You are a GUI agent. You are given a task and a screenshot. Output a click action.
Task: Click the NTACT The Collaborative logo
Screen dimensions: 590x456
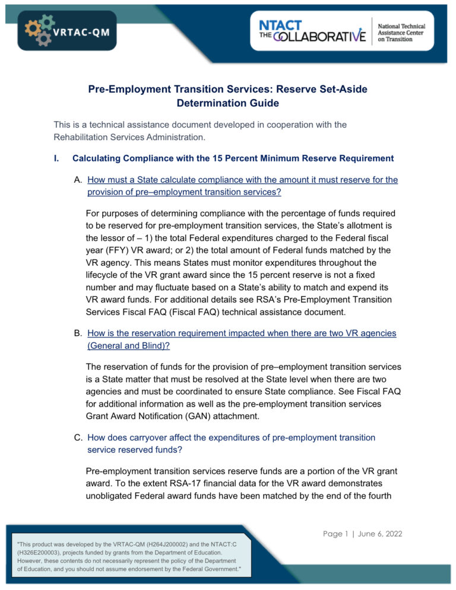(x=312, y=30)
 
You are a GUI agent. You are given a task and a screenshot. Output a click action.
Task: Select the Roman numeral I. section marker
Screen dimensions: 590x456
(x=56, y=158)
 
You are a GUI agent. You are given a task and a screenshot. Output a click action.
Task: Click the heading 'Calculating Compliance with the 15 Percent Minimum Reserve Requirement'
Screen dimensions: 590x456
(x=233, y=158)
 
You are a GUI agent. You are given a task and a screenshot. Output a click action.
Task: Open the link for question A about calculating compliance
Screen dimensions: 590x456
(x=242, y=185)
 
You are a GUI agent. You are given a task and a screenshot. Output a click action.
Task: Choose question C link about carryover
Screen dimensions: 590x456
(x=231, y=443)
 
